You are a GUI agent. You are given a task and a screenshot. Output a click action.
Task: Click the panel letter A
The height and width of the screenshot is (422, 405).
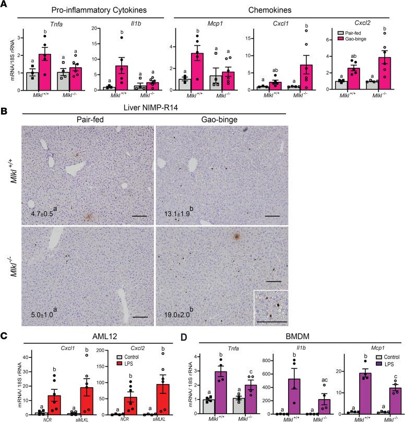[x=5, y=5]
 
